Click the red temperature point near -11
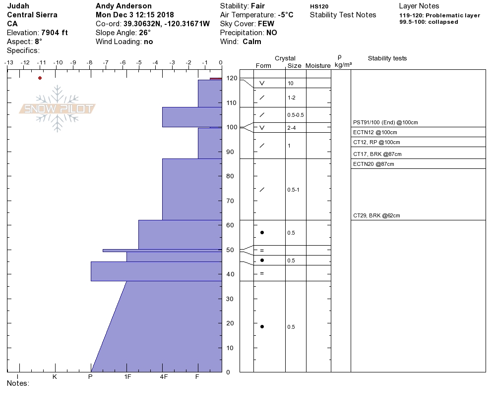(40, 78)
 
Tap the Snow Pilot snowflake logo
(58, 108)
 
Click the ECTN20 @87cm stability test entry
(373, 164)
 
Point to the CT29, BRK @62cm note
(376, 215)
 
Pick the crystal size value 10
(291, 83)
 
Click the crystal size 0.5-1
(293, 190)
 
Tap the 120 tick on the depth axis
(231, 78)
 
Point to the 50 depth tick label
(231, 250)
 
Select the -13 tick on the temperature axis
(8, 62)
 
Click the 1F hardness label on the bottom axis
(127, 377)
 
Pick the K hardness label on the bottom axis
(55, 377)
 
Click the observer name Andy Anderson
(123, 6)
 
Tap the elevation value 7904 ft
(55, 33)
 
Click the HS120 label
(319, 6)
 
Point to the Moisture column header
(318, 66)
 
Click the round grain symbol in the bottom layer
(262, 326)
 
